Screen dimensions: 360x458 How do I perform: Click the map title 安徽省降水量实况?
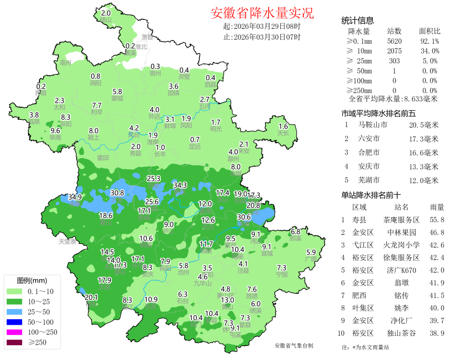coord(262,13)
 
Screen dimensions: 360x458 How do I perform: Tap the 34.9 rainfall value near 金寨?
coord(75,197)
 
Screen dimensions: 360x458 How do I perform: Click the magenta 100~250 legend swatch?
coord(16,332)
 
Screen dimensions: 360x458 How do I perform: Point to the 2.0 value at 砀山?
coord(106,14)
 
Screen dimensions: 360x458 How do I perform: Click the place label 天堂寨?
coord(67,242)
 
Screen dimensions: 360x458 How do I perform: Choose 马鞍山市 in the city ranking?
coord(372,125)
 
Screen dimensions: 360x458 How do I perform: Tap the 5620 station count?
coord(394,41)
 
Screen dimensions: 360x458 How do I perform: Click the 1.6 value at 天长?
coord(283,126)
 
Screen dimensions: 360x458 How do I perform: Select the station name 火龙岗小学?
coord(401,245)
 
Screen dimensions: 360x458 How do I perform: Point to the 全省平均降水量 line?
coord(393,99)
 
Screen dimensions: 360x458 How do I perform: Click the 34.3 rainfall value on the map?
coord(180,185)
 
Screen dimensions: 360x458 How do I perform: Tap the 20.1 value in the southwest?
coord(92,297)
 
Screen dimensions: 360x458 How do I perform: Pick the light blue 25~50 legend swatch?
coord(16,312)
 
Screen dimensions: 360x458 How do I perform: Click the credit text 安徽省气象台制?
coord(294,346)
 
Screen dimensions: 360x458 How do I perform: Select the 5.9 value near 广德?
coord(311,251)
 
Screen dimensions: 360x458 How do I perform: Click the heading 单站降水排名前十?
coord(371,195)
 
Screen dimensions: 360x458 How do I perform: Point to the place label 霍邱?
coord(103,157)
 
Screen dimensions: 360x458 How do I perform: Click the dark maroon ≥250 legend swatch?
coord(16,342)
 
